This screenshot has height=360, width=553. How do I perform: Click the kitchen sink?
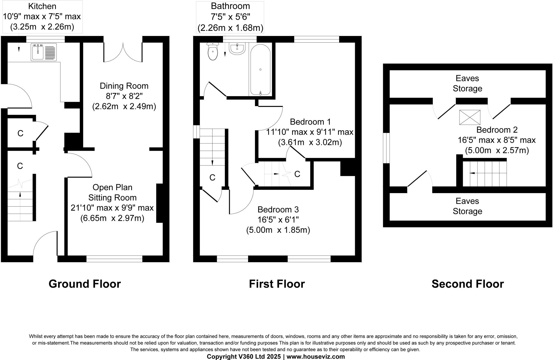click(43, 52)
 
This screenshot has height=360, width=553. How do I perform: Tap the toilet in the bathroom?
click(213, 52)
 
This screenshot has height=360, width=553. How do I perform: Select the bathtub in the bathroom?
click(260, 69)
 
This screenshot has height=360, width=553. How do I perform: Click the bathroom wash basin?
click(237, 49)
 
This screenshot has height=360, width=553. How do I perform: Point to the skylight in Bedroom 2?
click(470, 117)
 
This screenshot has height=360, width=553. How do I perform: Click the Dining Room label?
click(124, 86)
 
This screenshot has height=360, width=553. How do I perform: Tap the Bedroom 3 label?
click(278, 210)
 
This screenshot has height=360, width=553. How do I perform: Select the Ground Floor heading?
click(85, 284)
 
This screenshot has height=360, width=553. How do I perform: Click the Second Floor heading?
click(467, 284)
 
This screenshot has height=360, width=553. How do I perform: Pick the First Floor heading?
click(277, 284)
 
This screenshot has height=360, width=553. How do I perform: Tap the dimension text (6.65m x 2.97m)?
click(112, 218)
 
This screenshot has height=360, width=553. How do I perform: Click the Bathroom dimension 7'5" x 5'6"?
click(230, 17)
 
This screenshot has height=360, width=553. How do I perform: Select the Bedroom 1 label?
click(310, 122)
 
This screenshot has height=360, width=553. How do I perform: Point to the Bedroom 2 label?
click(497, 130)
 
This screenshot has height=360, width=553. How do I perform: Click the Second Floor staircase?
click(484, 173)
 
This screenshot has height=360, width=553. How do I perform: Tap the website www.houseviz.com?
click(316, 356)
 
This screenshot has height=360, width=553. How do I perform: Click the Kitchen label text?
click(42, 6)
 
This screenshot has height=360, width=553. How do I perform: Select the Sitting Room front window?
click(114, 259)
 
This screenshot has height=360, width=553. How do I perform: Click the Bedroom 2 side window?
click(386, 148)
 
